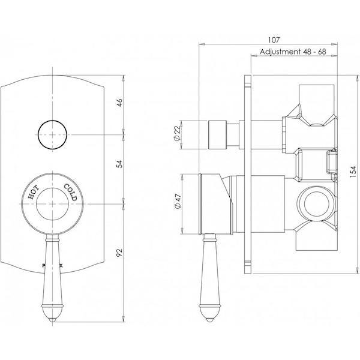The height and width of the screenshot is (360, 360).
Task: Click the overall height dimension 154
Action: click(346, 173)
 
